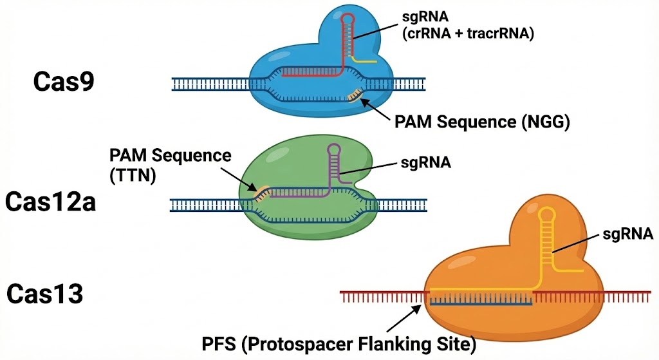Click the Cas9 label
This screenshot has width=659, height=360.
click(64, 82)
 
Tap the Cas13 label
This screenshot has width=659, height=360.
click(45, 295)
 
